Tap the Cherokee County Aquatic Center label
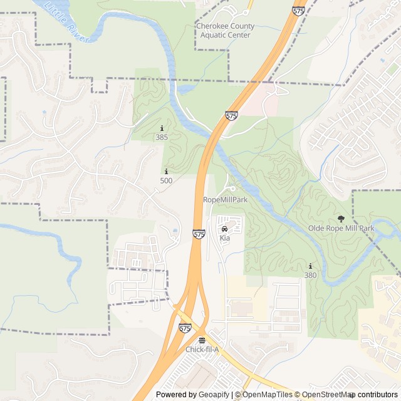(225, 31)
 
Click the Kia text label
(224, 238)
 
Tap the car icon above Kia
(224, 229)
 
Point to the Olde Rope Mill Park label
(341, 228)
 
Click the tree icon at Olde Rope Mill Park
(341, 219)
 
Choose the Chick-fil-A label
(202, 349)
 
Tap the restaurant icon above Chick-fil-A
(202, 340)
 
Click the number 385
(162, 137)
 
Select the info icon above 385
(162, 128)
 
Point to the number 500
(166, 180)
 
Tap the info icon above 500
(166, 172)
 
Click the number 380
(310, 274)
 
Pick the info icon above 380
(310, 266)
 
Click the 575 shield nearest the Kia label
(199, 234)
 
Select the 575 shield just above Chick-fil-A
(185, 328)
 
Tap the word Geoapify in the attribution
(214, 394)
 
